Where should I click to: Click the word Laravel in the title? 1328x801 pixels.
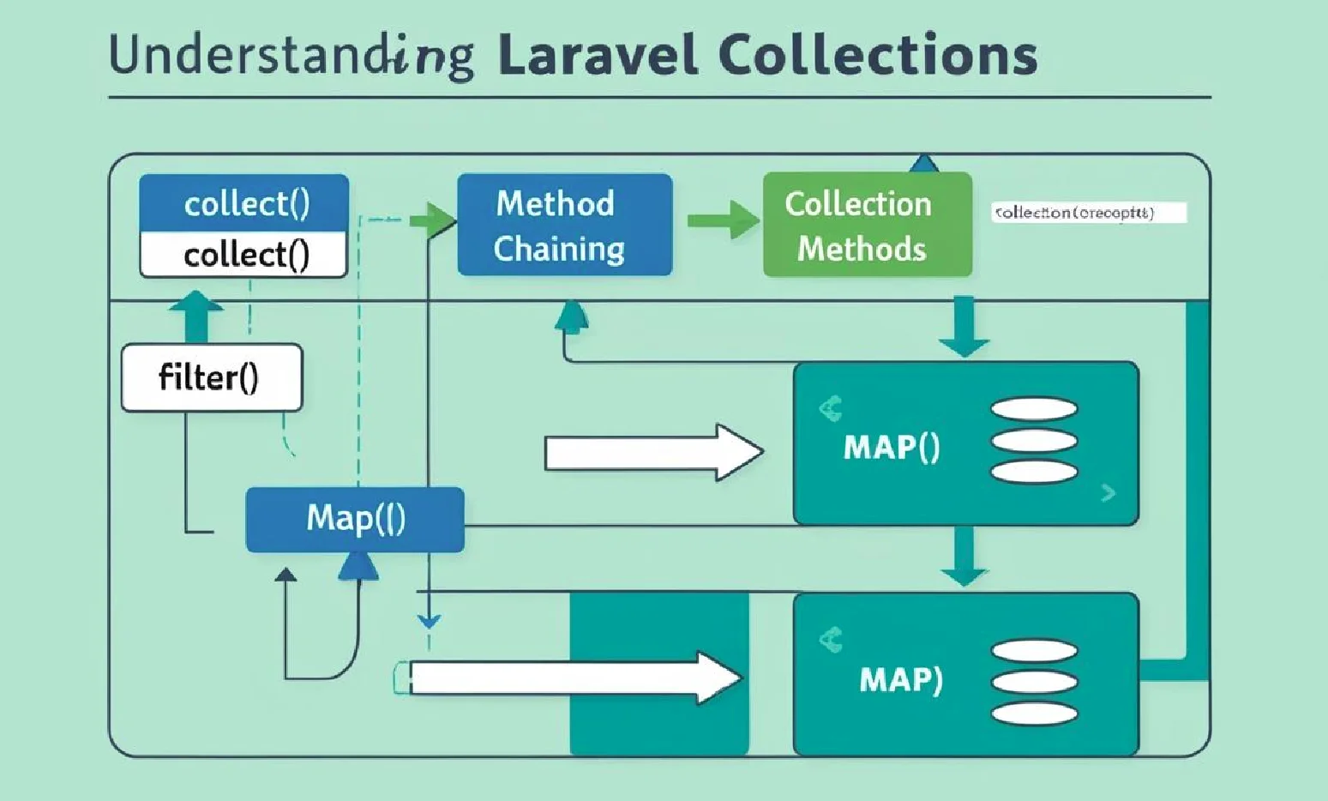598,57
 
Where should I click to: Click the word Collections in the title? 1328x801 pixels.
877,57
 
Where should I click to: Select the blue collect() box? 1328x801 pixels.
244,203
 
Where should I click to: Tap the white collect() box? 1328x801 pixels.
244,255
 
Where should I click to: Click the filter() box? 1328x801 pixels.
212,377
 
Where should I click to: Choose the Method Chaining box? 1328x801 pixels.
564,225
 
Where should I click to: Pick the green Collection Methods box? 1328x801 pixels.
867,225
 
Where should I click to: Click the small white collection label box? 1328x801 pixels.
1089,213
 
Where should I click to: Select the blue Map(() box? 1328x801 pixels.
355,519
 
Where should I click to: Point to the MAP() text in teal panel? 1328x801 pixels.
892,447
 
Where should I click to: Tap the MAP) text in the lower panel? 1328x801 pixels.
900,679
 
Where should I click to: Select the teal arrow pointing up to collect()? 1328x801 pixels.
196,316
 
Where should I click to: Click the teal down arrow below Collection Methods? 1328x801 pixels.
964,327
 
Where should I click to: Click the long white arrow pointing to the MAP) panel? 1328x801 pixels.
574,678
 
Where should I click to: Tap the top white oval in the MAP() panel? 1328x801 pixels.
1034,409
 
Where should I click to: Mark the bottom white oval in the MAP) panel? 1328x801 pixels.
1034,713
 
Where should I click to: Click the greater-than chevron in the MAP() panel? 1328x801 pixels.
1109,493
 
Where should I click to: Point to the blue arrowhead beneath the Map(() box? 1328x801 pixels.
358,566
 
